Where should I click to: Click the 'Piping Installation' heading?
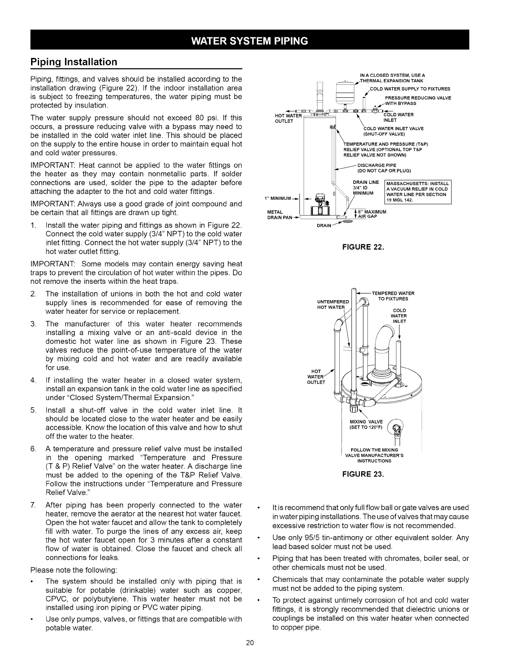click(74, 62)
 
